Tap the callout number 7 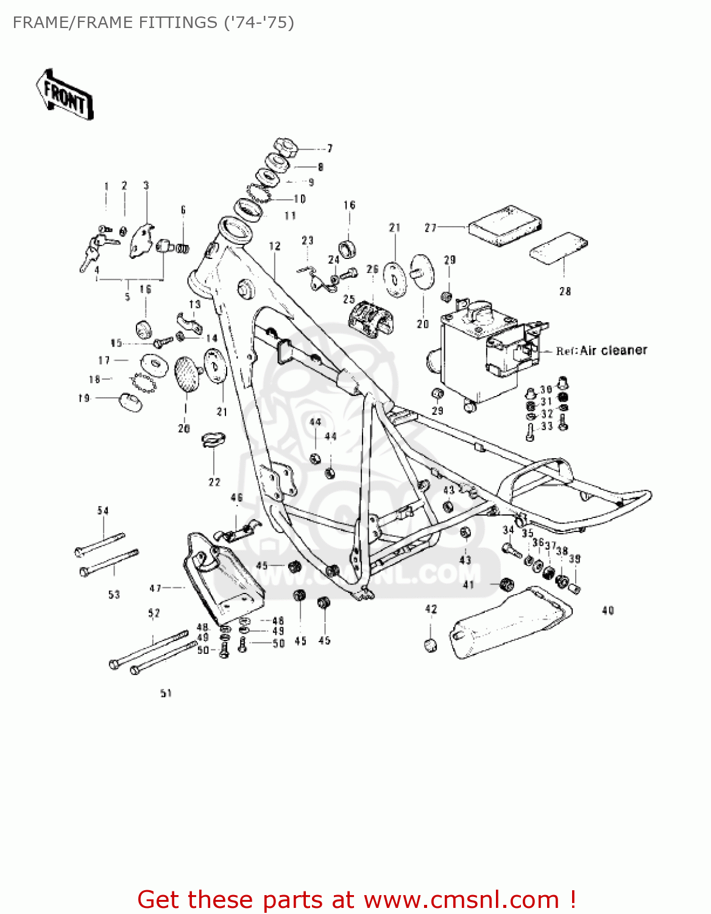tap(330, 148)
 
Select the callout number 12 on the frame tap(275, 246)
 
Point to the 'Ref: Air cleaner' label tap(601, 350)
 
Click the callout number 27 tap(431, 227)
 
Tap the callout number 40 tap(607, 610)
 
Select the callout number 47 tap(155, 588)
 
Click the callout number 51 tap(166, 693)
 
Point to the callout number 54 tap(103, 511)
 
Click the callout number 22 tap(214, 482)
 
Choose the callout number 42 tap(431, 609)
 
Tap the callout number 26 tap(372, 269)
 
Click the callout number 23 tap(307, 241)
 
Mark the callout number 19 tap(84, 398)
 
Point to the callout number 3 tap(146, 185)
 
